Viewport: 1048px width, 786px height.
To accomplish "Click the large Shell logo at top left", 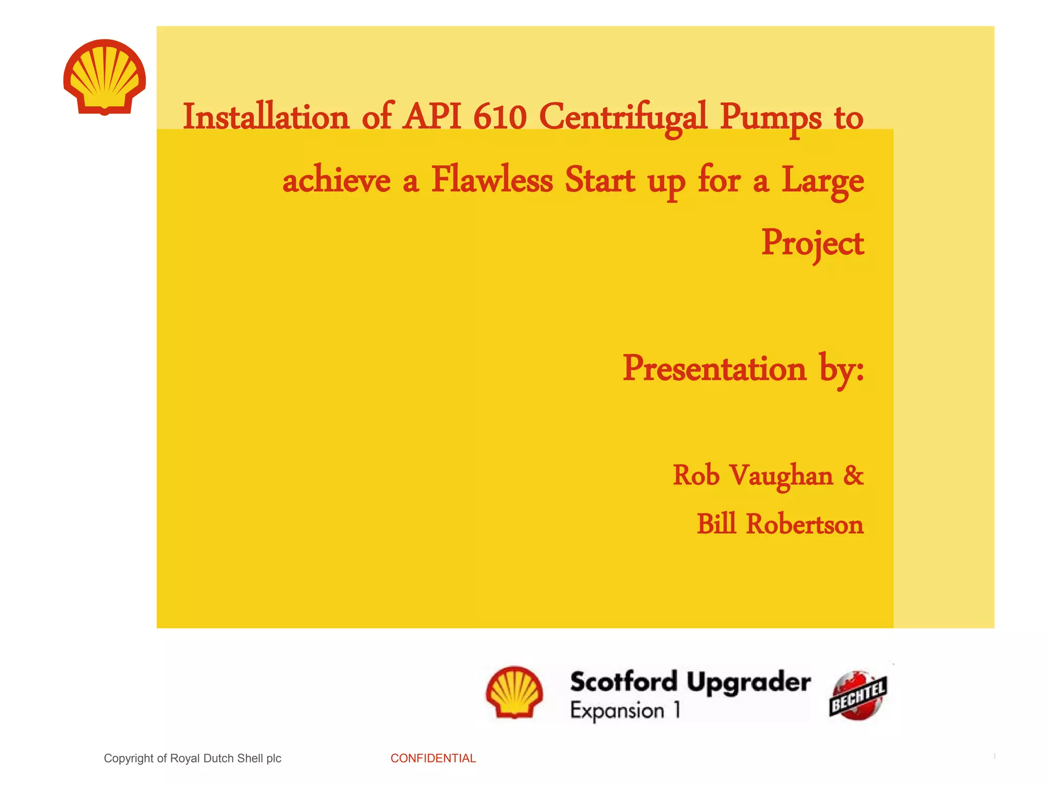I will point(104,77).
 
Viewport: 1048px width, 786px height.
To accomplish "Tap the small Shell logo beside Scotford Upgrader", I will point(514,692).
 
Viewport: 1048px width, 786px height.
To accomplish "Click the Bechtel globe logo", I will point(858,695).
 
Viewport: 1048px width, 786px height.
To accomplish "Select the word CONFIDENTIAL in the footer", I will point(433,758).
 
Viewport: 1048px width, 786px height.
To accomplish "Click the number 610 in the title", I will point(500,117).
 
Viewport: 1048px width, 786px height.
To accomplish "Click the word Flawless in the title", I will point(492,180).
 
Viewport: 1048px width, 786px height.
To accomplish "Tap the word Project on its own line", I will point(812,244).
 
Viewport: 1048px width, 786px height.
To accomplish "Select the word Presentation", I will point(714,368).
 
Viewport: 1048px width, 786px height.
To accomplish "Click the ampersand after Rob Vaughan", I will point(853,475).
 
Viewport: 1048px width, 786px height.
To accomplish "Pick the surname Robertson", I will point(804,525).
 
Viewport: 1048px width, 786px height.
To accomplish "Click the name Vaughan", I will point(781,476).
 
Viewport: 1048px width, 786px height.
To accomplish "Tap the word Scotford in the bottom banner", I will point(624,682).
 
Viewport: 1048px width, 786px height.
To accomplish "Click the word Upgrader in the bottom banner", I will point(748,683).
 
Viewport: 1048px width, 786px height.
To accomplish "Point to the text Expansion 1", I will point(625,711).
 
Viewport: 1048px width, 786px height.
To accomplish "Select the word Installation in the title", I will point(266,117).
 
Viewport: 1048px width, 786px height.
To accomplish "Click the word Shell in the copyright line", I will point(250,758).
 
